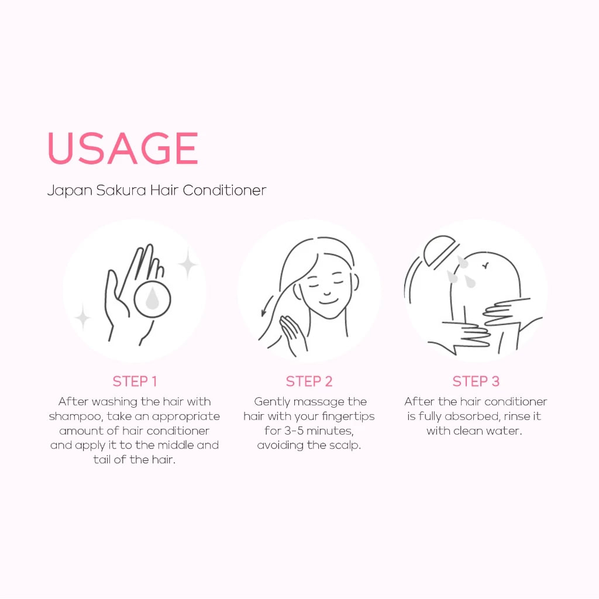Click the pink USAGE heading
(x=123, y=148)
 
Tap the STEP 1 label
(x=135, y=381)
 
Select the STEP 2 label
(x=309, y=381)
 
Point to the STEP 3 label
(x=476, y=381)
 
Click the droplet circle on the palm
(x=152, y=299)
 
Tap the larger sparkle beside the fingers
(x=188, y=264)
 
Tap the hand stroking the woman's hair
(x=292, y=333)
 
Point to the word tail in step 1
(x=102, y=460)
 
